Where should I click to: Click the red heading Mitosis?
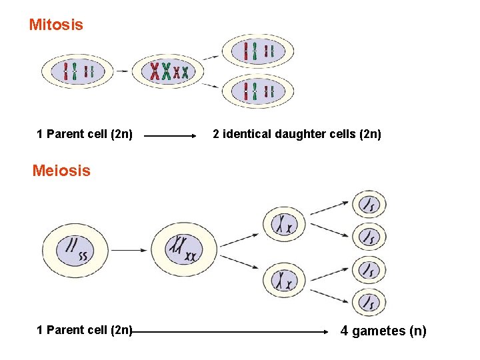pyautogui.click(x=56, y=25)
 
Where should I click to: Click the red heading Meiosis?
pyautogui.click(x=61, y=171)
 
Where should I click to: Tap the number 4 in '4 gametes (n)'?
pyautogui.click(x=344, y=331)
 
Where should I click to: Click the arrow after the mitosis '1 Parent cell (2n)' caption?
pyautogui.click(x=171, y=135)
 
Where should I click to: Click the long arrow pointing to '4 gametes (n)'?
pyautogui.click(x=233, y=331)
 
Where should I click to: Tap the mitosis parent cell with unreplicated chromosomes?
pyautogui.click(x=77, y=71)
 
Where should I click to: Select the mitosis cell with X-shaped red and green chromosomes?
pyautogui.click(x=168, y=71)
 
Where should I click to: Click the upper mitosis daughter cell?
pyautogui.click(x=258, y=51)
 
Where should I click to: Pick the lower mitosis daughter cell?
pyautogui.click(x=258, y=91)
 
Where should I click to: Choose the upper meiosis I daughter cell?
pyautogui.click(x=284, y=224)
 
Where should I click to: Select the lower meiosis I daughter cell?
pyautogui.click(x=284, y=280)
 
